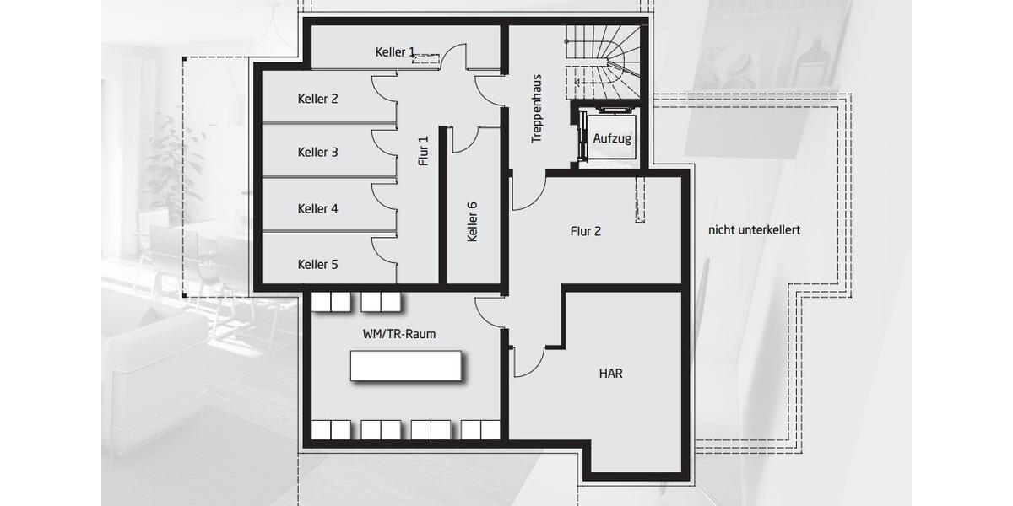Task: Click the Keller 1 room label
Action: click(395, 52)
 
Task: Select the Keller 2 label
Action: click(318, 99)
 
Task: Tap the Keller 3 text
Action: click(318, 153)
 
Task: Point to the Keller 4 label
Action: click(318, 208)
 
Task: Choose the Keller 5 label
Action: click(318, 265)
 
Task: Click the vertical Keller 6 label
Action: click(473, 222)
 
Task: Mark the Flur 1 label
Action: click(424, 150)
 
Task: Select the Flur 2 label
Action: click(586, 231)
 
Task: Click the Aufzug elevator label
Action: click(612, 138)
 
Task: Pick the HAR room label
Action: click(610, 373)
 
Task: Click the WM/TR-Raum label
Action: click(399, 334)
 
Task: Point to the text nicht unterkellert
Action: click(755, 229)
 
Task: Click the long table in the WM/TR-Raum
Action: click(406, 365)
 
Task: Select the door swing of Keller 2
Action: click(384, 89)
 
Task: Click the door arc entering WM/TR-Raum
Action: click(490, 313)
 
